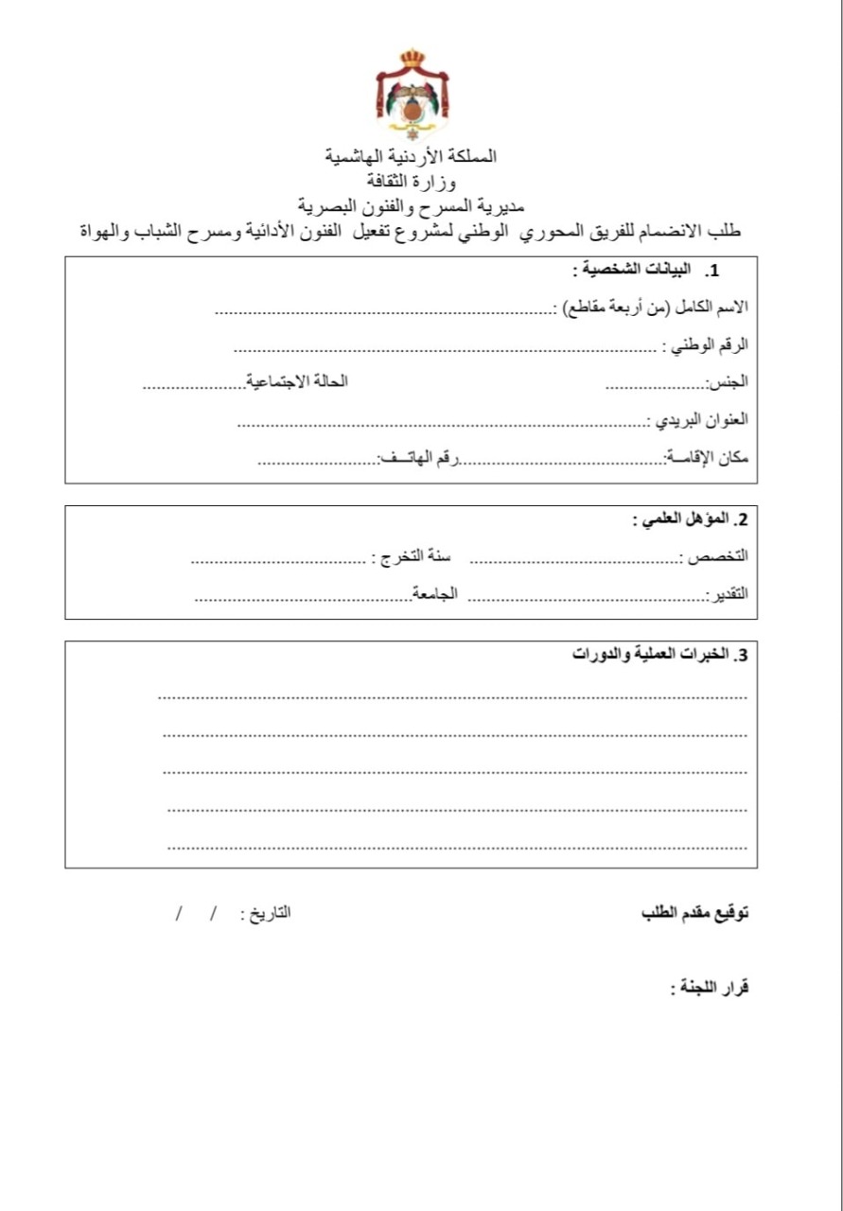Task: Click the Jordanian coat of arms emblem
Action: click(412, 95)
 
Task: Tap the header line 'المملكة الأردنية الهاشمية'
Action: click(412, 156)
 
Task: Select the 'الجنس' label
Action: click(729, 382)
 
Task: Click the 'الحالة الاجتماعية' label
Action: click(297, 380)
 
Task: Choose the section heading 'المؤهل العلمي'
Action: click(691, 519)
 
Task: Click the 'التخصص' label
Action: click(716, 557)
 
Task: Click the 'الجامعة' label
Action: click(435, 593)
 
